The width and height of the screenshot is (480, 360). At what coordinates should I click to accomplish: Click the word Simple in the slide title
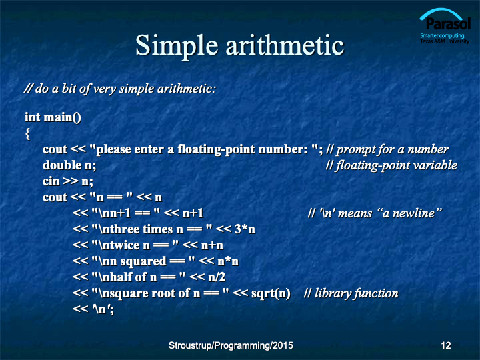tap(177, 46)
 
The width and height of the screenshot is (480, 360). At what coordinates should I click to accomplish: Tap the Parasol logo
tap(445, 26)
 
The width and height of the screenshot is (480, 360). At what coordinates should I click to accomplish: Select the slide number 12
tap(446, 345)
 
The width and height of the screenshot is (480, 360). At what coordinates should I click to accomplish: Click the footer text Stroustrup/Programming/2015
tap(231, 345)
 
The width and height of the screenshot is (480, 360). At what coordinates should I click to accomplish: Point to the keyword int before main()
tap(33, 117)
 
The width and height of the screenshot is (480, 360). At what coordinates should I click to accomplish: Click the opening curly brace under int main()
tap(27, 134)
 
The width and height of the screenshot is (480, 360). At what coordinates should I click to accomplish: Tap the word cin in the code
tap(51, 181)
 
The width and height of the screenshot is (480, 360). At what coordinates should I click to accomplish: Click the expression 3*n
tap(245, 229)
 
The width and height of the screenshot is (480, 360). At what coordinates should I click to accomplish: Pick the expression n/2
tap(217, 277)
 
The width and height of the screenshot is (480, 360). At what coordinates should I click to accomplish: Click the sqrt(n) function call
tap(271, 293)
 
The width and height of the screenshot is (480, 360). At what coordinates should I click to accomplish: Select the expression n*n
tap(228, 261)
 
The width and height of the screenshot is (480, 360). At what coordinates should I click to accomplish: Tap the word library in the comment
tap(333, 293)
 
